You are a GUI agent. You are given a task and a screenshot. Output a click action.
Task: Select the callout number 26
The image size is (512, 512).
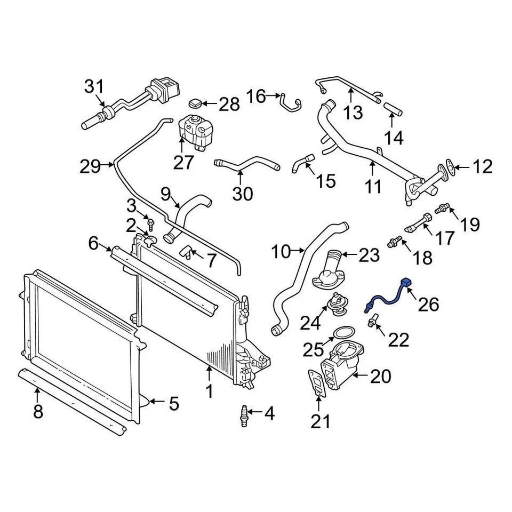click(428, 305)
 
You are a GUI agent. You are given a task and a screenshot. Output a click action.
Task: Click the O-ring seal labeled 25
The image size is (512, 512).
click(340, 334)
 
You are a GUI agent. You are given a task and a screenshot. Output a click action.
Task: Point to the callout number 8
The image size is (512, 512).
click(37, 411)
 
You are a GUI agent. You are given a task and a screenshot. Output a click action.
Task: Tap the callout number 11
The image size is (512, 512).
click(373, 187)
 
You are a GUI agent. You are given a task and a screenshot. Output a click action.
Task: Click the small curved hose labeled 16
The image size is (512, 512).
click(290, 103)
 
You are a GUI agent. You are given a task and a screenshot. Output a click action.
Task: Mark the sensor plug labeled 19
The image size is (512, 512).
click(443, 208)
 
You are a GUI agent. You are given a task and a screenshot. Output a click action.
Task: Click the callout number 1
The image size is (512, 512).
click(210, 392)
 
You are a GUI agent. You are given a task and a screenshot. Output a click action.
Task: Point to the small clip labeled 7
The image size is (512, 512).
click(187, 251)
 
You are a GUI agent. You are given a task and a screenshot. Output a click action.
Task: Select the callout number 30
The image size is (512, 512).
click(243, 195)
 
